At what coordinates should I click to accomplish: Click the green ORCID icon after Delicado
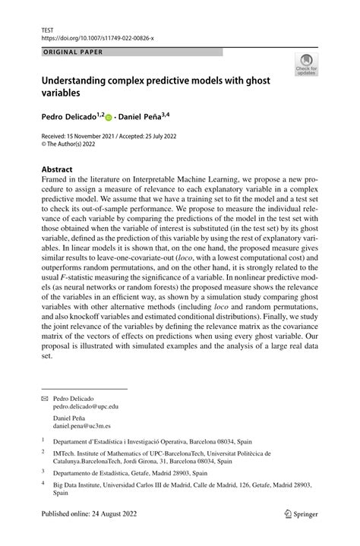tap(109, 118)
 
